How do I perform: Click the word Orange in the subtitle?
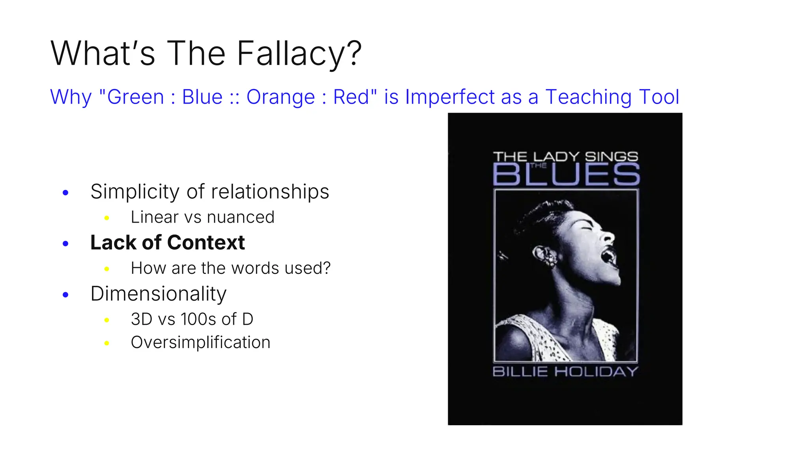pos(281,97)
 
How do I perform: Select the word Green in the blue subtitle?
pos(135,97)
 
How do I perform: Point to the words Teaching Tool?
pos(612,97)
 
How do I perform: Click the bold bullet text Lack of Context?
pos(167,242)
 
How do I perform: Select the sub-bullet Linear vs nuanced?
pos(202,217)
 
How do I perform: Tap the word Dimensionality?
pos(158,294)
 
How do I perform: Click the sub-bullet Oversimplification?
pos(200,342)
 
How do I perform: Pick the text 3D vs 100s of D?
pos(192,319)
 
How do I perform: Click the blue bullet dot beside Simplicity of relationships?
pos(65,193)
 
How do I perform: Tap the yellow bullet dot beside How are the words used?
pos(107,269)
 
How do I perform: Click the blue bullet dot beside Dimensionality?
pos(65,295)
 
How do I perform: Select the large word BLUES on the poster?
pos(566,175)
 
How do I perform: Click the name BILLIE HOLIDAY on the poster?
pos(565,371)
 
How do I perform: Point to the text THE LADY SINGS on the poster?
pos(565,156)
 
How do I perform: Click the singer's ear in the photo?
pos(546,256)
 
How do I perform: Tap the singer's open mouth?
pos(608,257)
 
